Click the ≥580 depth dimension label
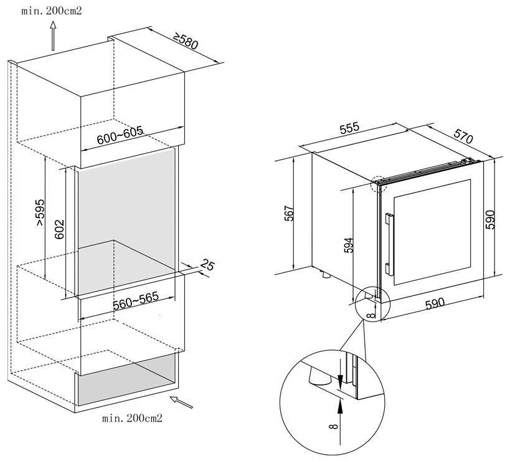(186, 41)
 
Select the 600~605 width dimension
(120, 135)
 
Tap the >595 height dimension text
(40, 212)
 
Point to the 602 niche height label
(59, 229)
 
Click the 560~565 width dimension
(136, 301)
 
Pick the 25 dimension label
(207, 265)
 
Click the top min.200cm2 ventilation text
(52, 11)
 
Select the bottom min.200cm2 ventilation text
(132, 418)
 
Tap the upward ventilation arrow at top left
(53, 36)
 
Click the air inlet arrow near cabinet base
(181, 402)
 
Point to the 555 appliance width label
(349, 128)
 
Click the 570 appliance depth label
(463, 136)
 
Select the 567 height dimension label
(289, 213)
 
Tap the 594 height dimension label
(348, 245)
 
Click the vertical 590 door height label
(490, 220)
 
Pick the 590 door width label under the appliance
(435, 303)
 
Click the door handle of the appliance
(389, 244)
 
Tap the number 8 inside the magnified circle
(334, 426)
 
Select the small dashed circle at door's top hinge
(379, 184)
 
